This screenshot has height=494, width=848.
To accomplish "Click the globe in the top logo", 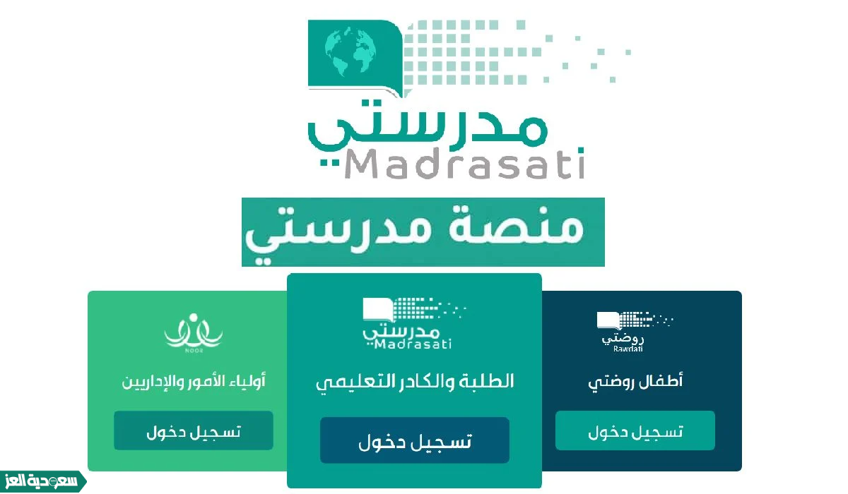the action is [351, 51].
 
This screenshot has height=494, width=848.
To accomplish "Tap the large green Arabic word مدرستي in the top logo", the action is [428, 126].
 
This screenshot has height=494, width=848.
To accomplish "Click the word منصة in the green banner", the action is [516, 226].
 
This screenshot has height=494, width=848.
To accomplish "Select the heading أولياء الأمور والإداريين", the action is [194, 381].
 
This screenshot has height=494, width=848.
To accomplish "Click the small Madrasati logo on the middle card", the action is [414, 323].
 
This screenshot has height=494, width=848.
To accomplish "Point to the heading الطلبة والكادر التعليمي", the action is [415, 383].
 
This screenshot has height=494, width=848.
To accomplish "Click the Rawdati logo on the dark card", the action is [635, 332].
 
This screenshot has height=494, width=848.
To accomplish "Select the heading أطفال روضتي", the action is [635, 382].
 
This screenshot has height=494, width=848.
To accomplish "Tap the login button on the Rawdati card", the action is [635, 430].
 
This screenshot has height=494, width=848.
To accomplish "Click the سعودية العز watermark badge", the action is [42, 481].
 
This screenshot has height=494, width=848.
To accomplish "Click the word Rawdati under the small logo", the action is [628, 349].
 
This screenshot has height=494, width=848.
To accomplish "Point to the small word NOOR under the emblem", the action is [194, 351].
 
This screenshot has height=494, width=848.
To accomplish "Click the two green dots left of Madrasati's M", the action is [329, 163].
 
